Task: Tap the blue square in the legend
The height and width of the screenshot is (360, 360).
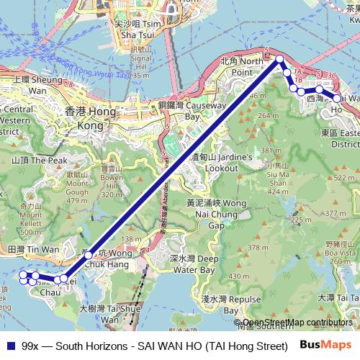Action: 9,345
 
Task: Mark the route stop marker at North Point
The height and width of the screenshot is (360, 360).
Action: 279,60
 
